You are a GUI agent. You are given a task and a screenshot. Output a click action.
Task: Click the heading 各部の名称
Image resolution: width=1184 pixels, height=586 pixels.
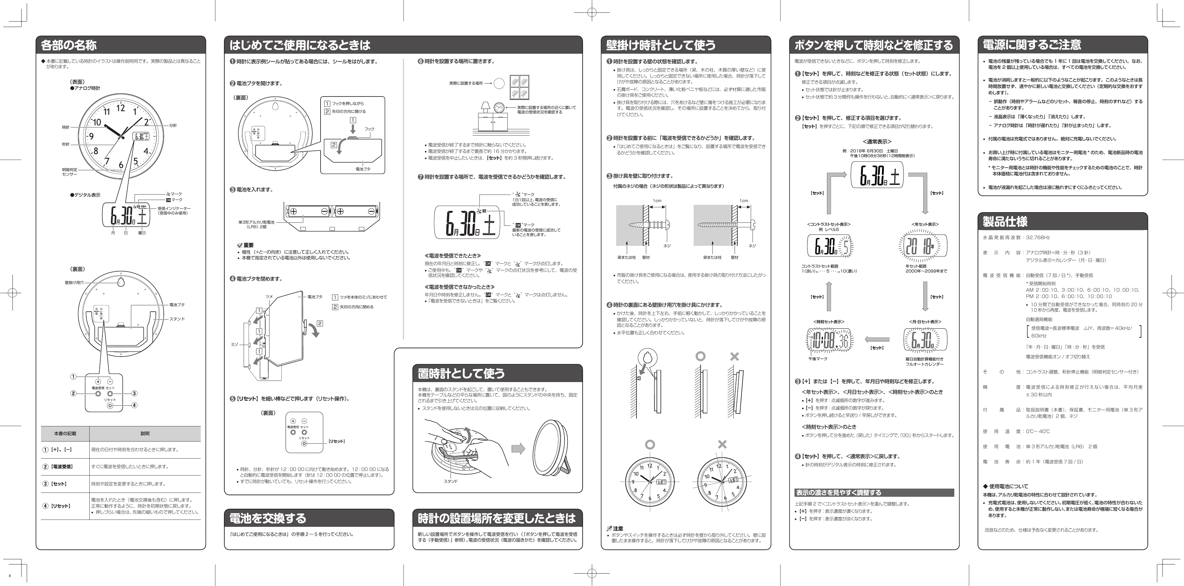coord(69,45)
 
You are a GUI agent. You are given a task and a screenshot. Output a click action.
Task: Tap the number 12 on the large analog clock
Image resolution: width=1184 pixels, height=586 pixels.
coord(120,108)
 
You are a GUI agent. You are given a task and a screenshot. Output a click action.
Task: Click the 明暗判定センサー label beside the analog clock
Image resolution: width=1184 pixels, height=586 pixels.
coord(70,172)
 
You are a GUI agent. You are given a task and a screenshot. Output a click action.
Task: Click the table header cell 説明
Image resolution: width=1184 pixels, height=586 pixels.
coord(145,433)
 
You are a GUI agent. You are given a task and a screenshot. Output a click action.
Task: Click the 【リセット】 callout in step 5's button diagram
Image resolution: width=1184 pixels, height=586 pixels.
coord(336,441)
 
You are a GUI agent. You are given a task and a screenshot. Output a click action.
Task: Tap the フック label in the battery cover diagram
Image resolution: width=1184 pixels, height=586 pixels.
coord(369,129)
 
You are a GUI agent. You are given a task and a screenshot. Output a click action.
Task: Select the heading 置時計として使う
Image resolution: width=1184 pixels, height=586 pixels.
coord(461,373)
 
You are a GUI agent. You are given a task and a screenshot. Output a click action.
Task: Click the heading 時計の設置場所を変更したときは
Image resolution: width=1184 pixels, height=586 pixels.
coord(496,519)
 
